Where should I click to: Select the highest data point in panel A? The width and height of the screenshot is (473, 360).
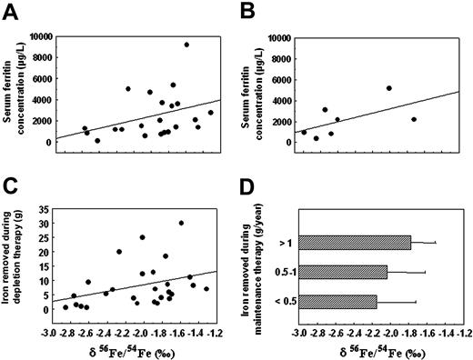[186, 45]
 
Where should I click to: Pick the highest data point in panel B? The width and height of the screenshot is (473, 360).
[388, 88]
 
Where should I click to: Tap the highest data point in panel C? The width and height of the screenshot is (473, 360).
[181, 223]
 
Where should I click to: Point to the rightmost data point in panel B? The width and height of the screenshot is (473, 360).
[414, 119]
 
